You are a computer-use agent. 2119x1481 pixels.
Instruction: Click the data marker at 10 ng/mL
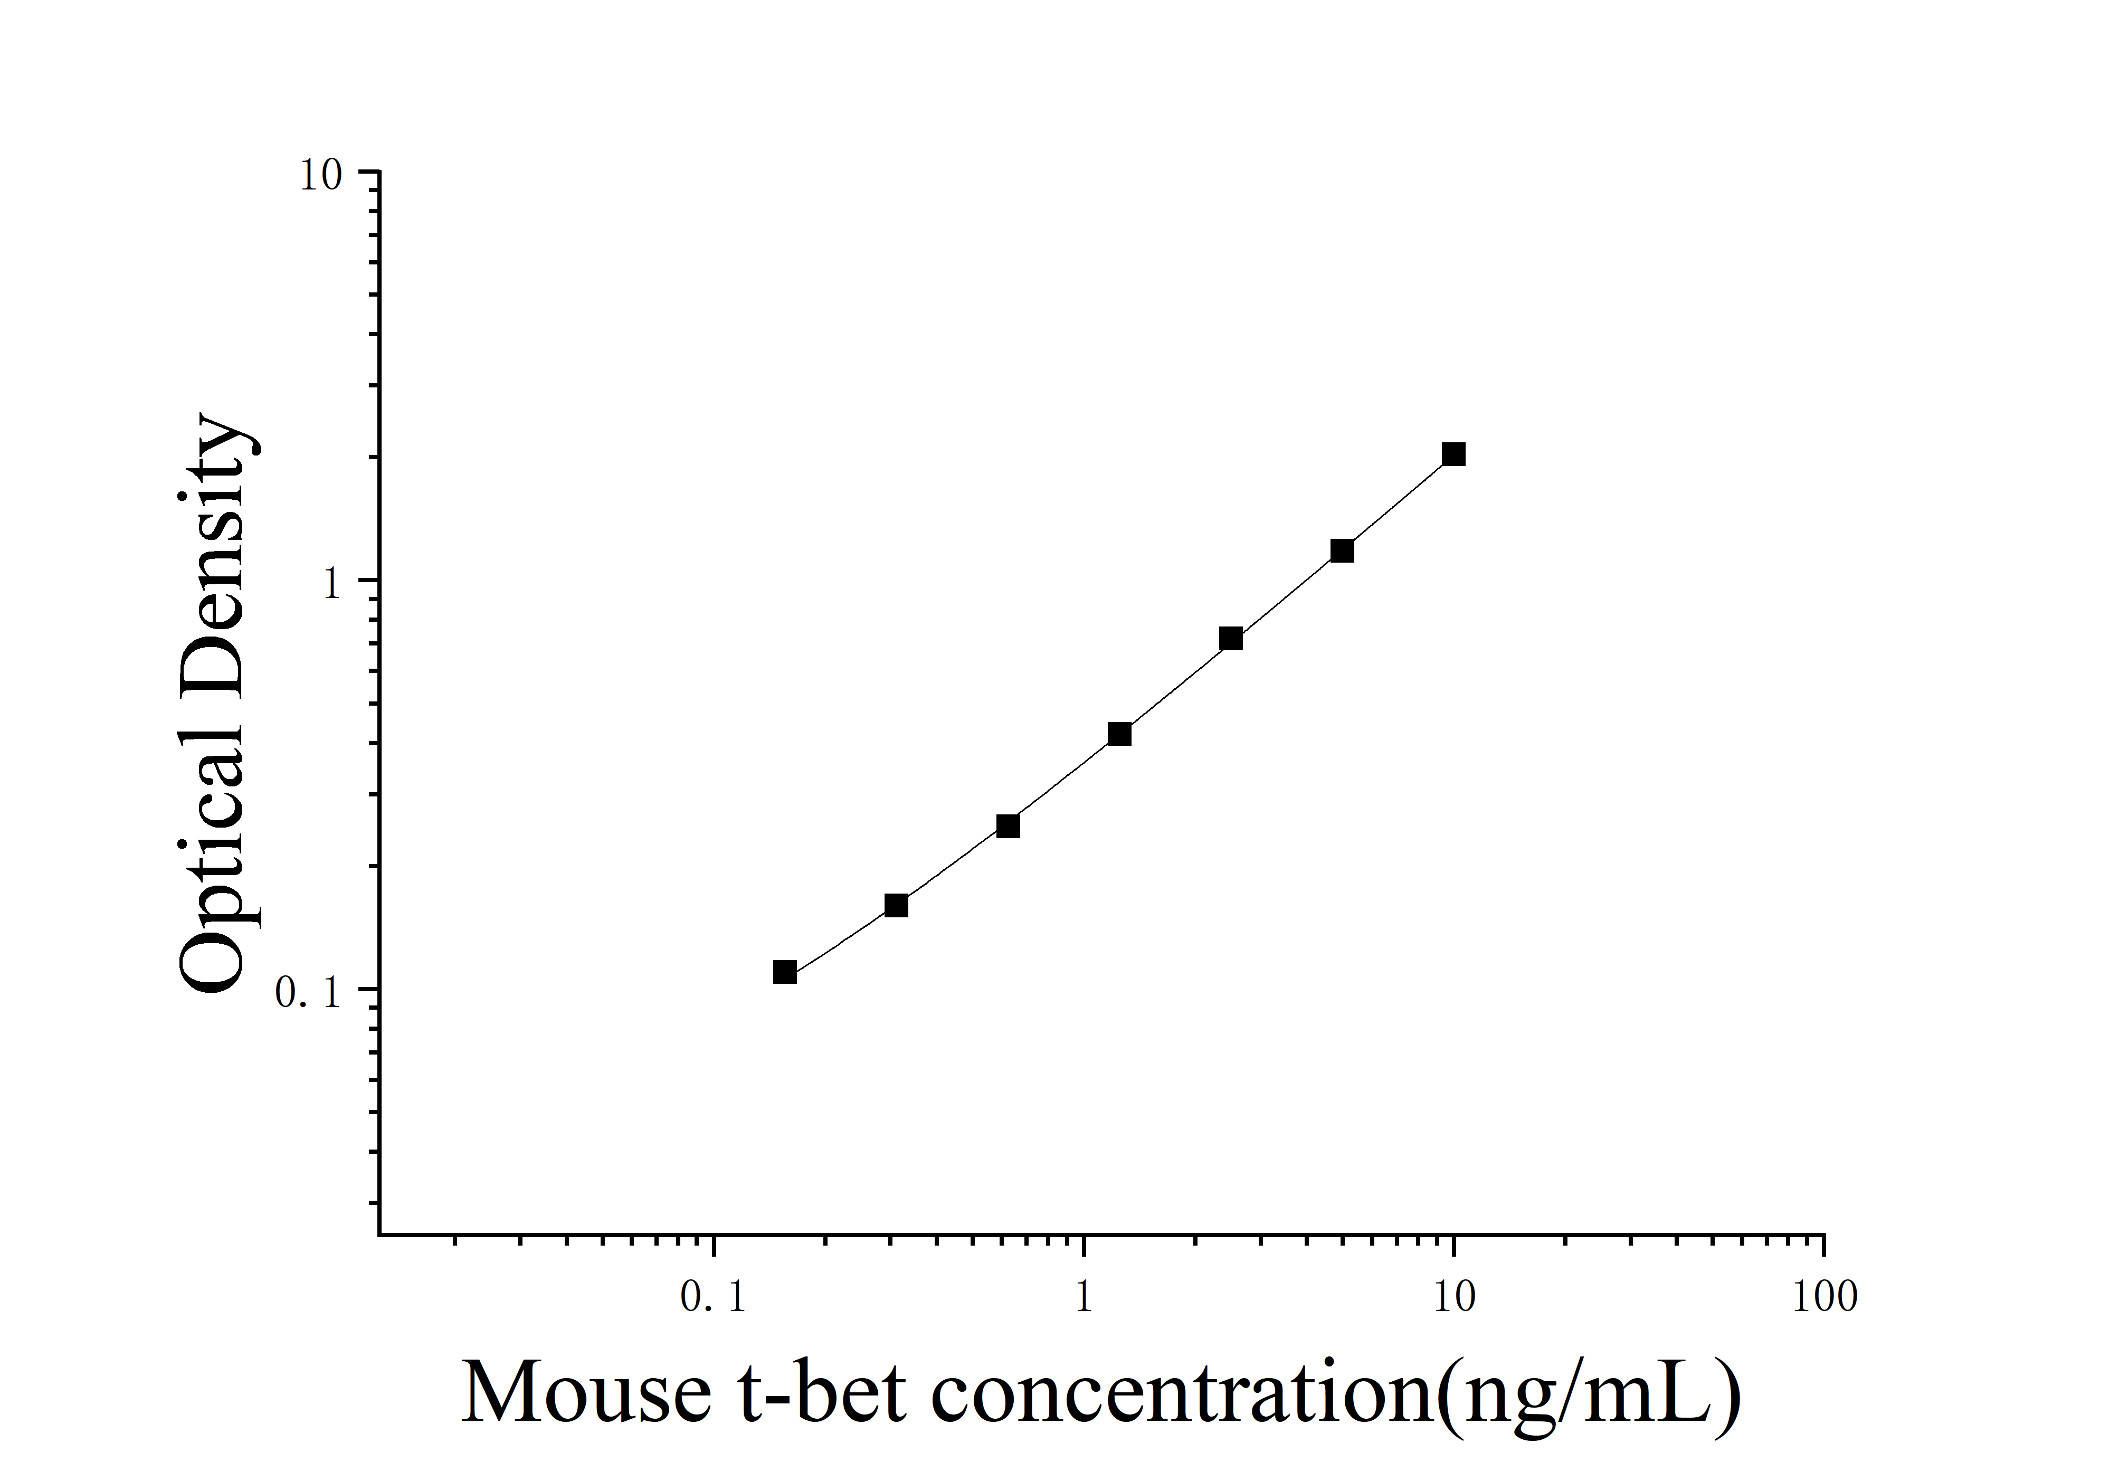coord(1453,454)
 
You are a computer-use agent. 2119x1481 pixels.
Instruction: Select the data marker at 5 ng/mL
coord(1342,551)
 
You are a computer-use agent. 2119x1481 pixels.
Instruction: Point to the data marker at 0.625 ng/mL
coord(1008,826)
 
